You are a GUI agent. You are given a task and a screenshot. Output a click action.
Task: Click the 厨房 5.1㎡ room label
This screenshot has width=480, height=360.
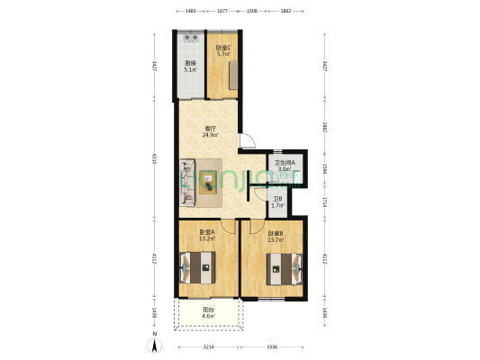point(190,67)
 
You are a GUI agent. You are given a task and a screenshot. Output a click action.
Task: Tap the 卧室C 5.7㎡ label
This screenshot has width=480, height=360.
point(222,50)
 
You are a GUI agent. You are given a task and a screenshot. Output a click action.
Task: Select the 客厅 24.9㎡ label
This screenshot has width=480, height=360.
point(208,132)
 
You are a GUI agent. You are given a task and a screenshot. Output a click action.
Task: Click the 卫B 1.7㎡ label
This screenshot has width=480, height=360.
point(277,202)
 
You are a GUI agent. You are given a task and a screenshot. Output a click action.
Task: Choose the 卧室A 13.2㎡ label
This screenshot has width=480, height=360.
point(206,236)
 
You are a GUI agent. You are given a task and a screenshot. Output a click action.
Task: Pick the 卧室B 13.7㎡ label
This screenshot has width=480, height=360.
point(275,237)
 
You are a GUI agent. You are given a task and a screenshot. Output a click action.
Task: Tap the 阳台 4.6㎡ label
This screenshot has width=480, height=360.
point(207,313)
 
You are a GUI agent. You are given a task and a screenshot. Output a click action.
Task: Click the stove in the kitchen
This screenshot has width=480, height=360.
point(191,40)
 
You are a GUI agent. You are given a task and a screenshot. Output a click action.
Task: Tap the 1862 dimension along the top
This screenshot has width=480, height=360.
point(285,11)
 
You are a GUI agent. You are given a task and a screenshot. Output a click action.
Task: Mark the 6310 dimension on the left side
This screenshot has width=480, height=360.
point(155,158)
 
